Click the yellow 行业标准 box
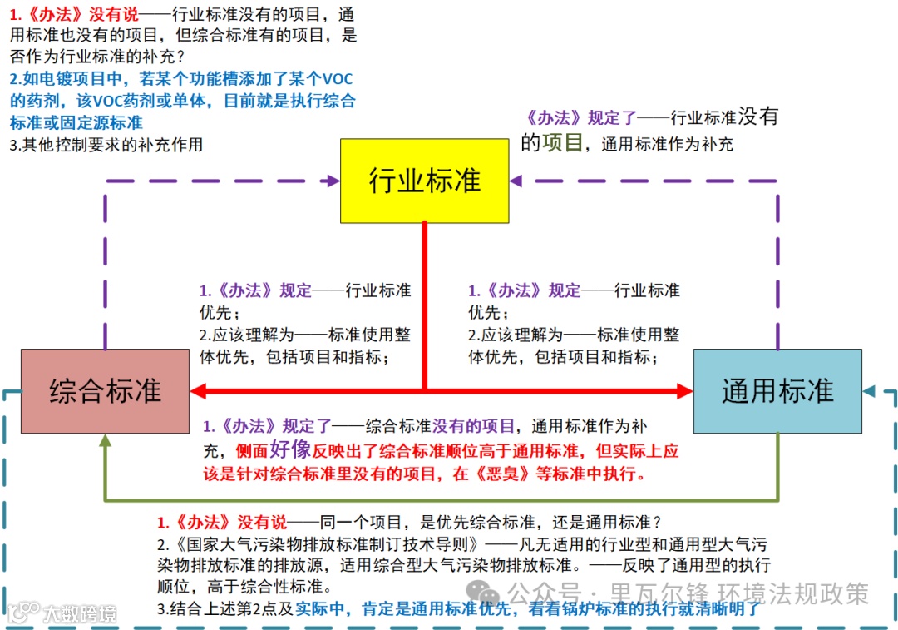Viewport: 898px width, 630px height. point(424,181)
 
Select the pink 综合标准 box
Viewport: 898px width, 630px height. point(105,390)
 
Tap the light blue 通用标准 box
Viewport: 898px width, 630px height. point(777,390)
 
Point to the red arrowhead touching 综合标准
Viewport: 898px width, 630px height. point(199,390)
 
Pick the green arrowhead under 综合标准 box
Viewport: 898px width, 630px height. point(105,441)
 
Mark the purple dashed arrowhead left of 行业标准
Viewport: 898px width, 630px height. point(333,180)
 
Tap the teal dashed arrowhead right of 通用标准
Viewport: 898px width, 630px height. point(869,390)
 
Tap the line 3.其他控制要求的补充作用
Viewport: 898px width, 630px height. point(106,145)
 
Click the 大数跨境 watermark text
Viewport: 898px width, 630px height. point(79,614)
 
